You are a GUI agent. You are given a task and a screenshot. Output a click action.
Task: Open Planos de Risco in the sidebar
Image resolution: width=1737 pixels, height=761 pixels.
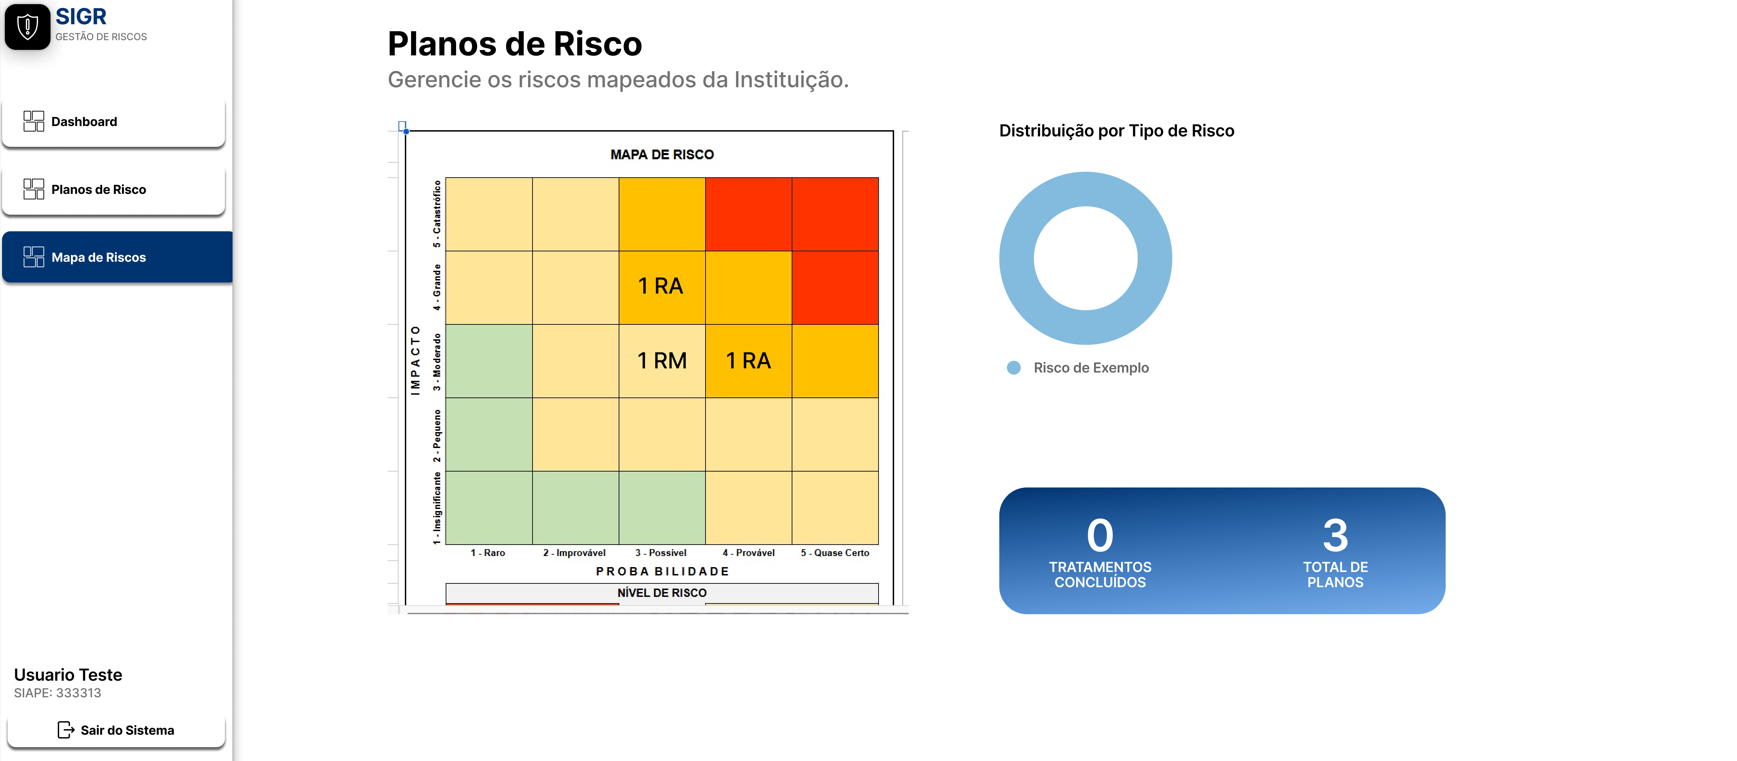(x=113, y=190)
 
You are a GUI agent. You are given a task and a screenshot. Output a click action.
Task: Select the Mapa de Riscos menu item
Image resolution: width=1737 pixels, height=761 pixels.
(x=117, y=257)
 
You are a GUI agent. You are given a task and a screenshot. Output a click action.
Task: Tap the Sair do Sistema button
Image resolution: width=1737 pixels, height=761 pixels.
(x=116, y=730)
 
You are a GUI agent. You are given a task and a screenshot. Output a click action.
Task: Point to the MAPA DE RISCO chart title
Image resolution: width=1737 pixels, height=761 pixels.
(x=662, y=154)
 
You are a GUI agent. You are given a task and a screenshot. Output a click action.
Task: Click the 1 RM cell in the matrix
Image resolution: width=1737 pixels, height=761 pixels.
(x=662, y=361)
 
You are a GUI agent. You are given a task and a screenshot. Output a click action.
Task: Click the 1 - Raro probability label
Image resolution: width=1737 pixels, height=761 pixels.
(x=488, y=553)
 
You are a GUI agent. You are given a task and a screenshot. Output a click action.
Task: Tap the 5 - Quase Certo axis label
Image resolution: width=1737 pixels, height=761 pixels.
(x=835, y=553)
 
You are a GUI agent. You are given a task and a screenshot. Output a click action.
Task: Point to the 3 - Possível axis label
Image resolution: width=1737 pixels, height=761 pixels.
(x=661, y=553)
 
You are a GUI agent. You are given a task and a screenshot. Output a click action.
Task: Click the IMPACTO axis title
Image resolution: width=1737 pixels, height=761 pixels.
(x=415, y=360)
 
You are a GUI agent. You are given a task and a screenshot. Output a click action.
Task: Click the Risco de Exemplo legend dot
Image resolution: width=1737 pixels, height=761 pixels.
(x=1013, y=368)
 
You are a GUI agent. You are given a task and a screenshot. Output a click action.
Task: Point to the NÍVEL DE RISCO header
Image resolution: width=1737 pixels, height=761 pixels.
(x=662, y=592)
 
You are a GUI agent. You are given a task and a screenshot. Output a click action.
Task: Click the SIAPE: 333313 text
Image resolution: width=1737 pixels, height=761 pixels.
(x=57, y=693)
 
